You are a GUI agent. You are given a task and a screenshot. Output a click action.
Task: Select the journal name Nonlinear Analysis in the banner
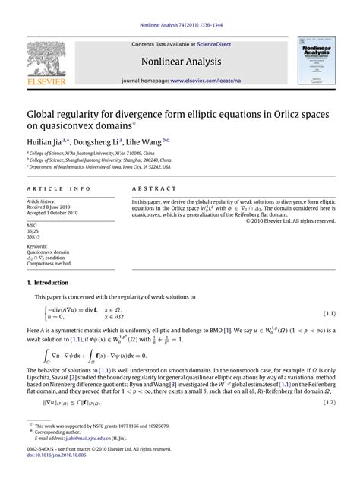(x=179, y=61)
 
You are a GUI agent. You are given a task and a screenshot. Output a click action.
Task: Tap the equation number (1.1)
(x=329, y=313)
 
